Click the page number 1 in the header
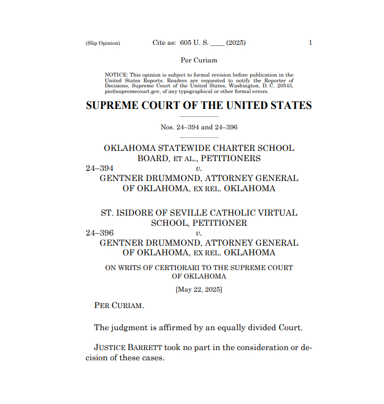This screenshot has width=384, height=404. (x=310, y=43)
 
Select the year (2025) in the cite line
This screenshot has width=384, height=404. (x=235, y=43)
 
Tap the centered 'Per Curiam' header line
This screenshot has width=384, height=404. (x=199, y=60)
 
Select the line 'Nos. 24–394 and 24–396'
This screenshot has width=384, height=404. (x=199, y=127)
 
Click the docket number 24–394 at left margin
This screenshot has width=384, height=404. (x=100, y=168)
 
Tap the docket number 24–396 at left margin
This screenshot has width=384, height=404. (x=100, y=233)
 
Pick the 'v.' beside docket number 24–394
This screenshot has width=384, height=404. (x=199, y=168)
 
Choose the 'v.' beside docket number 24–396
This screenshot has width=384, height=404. (x=199, y=233)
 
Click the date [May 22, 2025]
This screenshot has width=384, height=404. (x=199, y=289)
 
